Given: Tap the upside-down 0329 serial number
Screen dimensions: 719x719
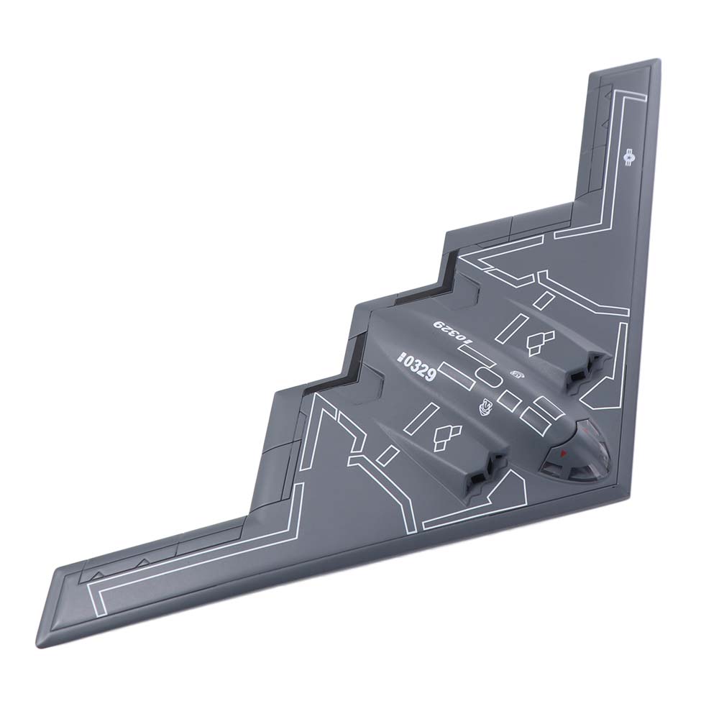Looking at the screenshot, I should [454, 334].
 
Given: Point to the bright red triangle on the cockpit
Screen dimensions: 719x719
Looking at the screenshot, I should [563, 454].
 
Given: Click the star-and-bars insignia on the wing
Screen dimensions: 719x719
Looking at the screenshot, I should [630, 155].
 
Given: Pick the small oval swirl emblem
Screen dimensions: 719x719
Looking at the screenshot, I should [517, 373].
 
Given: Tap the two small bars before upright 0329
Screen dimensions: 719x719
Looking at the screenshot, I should [403, 355].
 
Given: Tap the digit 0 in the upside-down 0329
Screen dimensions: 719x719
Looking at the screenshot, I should [471, 347].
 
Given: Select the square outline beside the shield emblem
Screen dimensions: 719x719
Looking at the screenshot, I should [511, 399].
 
